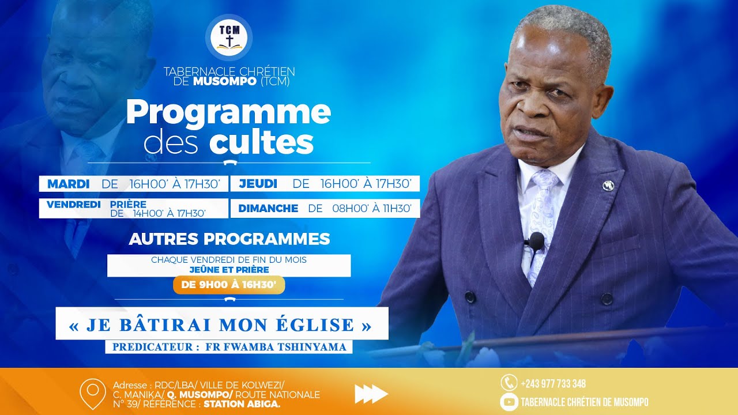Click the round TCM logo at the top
pyautogui.click(x=229, y=37)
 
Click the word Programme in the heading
pyautogui.click(x=228, y=112)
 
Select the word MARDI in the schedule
pyautogui.click(x=68, y=184)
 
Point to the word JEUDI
pyautogui.click(x=258, y=184)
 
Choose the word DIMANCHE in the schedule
pyautogui.click(x=268, y=209)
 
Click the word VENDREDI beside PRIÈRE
pyautogui.click(x=74, y=204)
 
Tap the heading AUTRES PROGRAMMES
pyautogui.click(x=229, y=239)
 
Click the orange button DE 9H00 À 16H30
pyautogui.click(x=229, y=285)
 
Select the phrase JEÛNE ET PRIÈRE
pyautogui.click(x=229, y=269)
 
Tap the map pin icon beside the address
pyautogui.click(x=92, y=393)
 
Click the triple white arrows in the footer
pyautogui.click(x=371, y=394)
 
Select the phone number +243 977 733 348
pyautogui.click(x=553, y=384)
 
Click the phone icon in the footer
pyautogui.click(x=508, y=383)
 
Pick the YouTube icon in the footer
pyautogui.click(x=509, y=402)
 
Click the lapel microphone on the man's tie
pyautogui.click(x=536, y=241)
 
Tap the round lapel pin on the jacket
pyautogui.click(x=608, y=185)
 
